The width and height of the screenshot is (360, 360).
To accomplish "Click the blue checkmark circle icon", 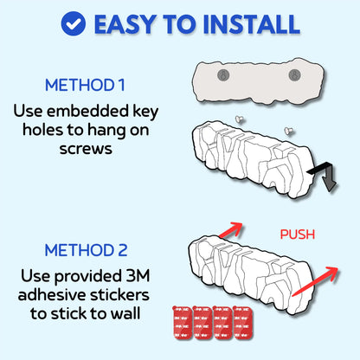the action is (74, 23).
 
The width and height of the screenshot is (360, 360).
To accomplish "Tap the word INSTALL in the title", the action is (251, 24).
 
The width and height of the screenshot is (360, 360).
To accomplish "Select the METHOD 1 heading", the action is (85, 86).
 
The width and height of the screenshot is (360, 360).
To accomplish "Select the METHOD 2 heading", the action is (86, 250).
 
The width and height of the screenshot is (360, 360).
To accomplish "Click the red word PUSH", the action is (298, 235).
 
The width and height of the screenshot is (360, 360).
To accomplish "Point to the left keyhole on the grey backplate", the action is (223, 75).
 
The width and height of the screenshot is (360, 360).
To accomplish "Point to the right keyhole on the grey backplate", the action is (294, 75).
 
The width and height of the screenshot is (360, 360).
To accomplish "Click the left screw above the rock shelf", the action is (239, 119).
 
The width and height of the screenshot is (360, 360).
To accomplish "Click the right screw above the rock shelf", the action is (289, 131).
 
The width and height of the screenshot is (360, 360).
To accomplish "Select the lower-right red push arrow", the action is (315, 281).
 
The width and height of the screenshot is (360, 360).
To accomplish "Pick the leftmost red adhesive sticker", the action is (183, 323).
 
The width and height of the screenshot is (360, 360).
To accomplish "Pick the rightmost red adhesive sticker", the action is (243, 323).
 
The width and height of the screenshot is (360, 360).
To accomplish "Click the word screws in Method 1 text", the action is (86, 150).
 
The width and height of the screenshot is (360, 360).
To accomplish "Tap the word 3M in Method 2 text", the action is (138, 276).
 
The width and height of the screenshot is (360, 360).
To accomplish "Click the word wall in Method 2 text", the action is (126, 313).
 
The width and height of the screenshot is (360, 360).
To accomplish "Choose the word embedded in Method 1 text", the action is (88, 111).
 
